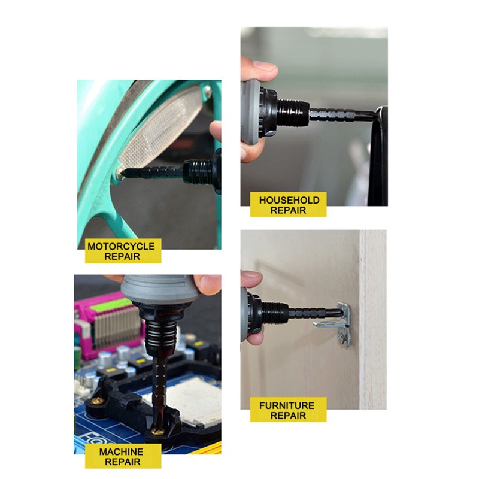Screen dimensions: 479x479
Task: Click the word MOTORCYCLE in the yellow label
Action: point(121,246)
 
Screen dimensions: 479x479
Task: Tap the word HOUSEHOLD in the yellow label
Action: point(289,200)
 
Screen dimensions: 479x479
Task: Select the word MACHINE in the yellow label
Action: point(122,451)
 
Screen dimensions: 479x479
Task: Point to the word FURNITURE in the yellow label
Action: point(287,405)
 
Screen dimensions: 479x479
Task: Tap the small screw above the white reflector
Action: point(208,90)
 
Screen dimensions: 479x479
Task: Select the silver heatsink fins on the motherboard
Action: point(116,326)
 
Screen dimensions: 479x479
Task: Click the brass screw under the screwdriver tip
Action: point(158,431)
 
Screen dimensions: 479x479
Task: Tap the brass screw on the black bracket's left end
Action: point(98,401)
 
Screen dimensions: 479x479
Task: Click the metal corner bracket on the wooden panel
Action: point(336,325)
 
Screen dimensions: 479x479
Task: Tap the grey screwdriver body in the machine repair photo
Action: point(160,289)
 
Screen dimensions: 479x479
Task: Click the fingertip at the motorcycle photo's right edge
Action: point(216,131)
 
